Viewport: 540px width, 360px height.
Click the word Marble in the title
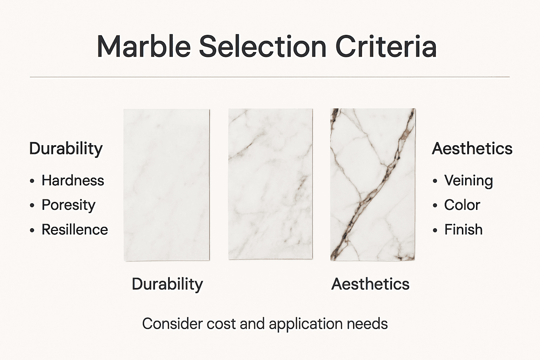(144, 46)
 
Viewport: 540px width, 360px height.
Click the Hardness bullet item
(73, 180)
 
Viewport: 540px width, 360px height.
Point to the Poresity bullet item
(69, 205)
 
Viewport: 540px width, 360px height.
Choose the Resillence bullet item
(75, 230)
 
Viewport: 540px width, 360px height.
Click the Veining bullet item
(468, 180)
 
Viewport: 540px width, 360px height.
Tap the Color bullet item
(462, 205)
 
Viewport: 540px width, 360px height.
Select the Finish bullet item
(463, 230)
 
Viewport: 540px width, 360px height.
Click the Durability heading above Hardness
(66, 149)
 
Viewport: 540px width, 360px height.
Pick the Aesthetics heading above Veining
(472, 149)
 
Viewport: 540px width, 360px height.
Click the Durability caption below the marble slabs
(167, 284)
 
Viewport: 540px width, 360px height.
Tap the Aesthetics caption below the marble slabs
(370, 284)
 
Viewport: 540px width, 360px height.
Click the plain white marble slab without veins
(167, 185)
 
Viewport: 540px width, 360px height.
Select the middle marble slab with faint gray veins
(270, 185)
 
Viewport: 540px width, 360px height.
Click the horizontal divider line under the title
(270, 77)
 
